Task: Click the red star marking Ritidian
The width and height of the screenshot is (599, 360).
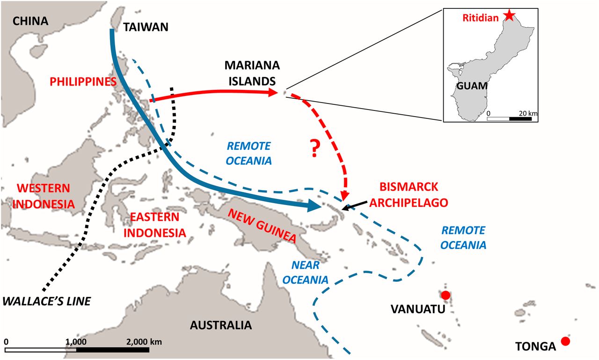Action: pos(509,16)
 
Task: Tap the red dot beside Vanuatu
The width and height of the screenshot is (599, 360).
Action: pos(446,295)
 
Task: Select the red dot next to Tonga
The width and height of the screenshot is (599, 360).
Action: pos(566,341)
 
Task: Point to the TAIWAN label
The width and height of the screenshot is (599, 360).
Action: pos(146,28)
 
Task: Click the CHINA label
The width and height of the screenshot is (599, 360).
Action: pos(30,21)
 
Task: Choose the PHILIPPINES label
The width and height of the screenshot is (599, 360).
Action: pos(83,81)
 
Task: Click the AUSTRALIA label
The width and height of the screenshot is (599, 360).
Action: pos(221,325)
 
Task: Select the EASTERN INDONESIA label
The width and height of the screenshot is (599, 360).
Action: pos(154,225)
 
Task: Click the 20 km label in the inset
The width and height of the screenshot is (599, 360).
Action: pos(526,113)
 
